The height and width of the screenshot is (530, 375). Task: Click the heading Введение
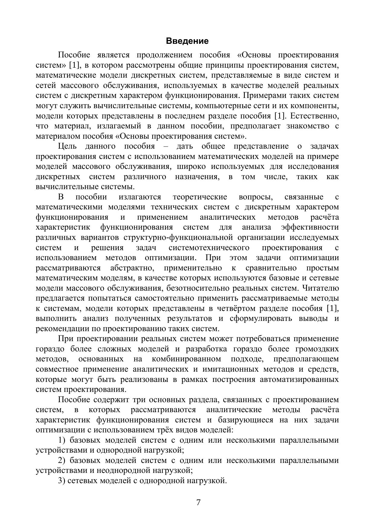pos(187,41)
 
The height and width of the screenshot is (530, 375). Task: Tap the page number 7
pos(198,503)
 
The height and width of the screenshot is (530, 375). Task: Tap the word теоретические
pos(200,197)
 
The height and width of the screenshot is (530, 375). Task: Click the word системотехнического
pos(209,248)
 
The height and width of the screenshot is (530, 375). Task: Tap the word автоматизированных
pos(299,380)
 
